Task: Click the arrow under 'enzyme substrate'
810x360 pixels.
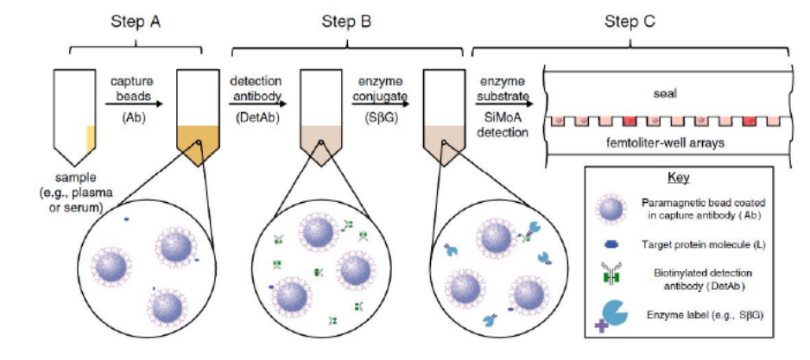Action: click(x=502, y=102)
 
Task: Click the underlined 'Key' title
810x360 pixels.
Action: click(x=674, y=179)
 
